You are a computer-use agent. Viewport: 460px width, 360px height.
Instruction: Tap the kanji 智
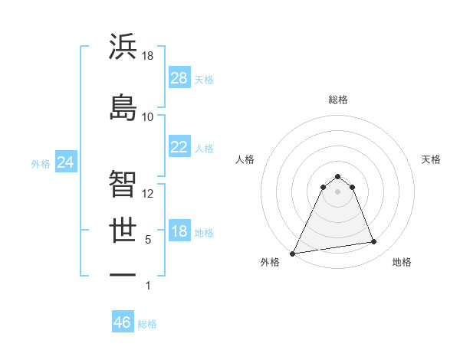(123, 183)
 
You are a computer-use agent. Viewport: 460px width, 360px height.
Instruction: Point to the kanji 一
(123, 275)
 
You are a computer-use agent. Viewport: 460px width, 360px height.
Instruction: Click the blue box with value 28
(179, 78)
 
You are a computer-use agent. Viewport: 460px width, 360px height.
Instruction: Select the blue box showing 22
(179, 147)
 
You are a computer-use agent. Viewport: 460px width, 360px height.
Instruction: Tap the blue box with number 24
(66, 162)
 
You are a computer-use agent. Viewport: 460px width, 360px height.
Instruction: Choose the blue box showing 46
(122, 322)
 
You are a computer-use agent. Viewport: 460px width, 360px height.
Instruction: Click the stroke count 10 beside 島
(148, 116)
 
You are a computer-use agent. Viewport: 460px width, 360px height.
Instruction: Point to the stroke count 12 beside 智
(148, 193)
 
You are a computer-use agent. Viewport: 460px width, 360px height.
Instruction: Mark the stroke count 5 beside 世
(148, 240)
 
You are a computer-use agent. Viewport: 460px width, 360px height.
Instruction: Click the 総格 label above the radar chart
(338, 100)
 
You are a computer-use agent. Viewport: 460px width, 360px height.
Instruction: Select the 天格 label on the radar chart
(431, 159)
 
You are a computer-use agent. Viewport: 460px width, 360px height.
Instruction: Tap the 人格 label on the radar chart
(245, 159)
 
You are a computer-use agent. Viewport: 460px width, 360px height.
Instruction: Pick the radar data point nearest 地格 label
(374, 242)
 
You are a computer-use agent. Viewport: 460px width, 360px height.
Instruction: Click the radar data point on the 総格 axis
(338, 175)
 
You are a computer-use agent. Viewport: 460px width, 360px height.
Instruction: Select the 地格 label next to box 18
(204, 233)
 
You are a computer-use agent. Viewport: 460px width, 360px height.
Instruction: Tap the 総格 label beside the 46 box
(147, 324)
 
